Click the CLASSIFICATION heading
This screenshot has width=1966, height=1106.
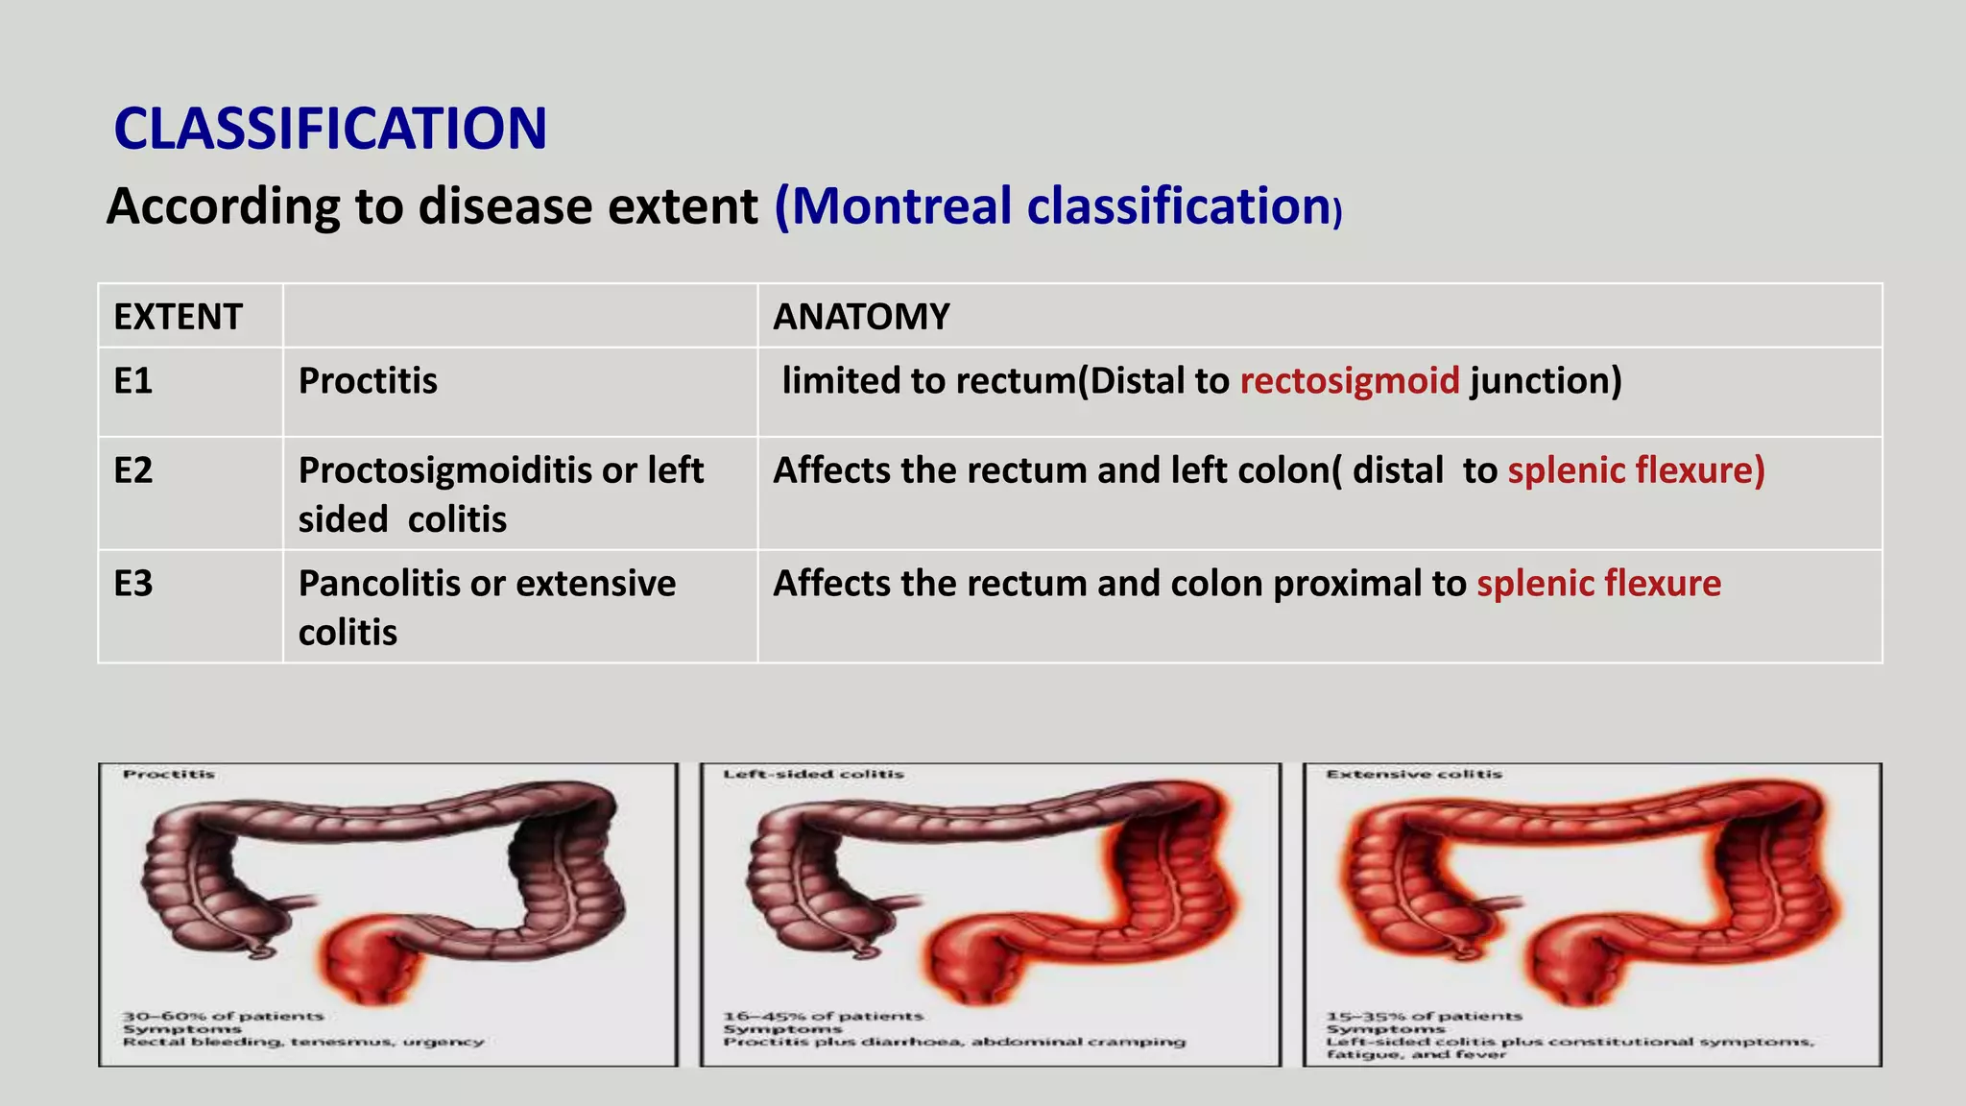(x=330, y=129)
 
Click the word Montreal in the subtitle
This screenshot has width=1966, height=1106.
(x=900, y=206)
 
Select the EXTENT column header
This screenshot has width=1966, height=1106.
(x=178, y=317)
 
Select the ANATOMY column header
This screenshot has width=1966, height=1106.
(x=861, y=317)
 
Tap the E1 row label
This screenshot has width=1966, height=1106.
(x=133, y=381)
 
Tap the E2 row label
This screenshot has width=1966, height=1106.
(x=133, y=470)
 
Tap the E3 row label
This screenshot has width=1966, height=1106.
(x=133, y=584)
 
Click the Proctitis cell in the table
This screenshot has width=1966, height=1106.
(x=368, y=381)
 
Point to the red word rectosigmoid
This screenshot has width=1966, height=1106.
(x=1349, y=381)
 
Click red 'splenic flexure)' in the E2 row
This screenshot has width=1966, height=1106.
(x=1636, y=470)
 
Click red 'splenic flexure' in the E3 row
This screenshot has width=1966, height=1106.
(x=1598, y=584)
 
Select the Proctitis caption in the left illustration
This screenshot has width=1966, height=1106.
(x=169, y=774)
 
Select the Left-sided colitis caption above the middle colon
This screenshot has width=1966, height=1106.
(x=813, y=774)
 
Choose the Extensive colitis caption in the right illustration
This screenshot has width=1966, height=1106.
(x=1413, y=774)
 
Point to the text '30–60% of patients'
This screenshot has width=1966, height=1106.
(x=223, y=1016)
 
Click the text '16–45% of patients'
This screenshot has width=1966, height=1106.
(x=823, y=1016)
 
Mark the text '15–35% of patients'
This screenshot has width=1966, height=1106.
(x=1424, y=1016)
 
